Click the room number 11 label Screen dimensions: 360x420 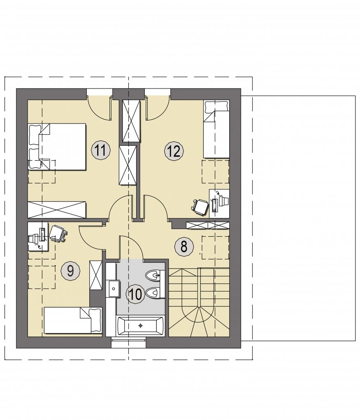tap(101, 151)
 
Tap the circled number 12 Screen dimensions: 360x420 tap(174, 152)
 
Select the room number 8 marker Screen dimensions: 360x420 tap(183, 247)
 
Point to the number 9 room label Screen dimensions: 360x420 tap(70, 271)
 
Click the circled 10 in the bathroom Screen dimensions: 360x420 tap(136, 294)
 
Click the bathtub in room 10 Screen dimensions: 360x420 tap(140, 326)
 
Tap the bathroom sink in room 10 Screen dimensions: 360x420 tap(114, 289)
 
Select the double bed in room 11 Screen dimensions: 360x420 tap(57, 147)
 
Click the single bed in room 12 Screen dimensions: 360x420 tap(216, 129)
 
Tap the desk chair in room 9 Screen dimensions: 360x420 tap(57, 233)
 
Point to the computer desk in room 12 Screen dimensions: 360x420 tap(219, 204)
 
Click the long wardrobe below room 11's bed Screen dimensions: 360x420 tap(57, 210)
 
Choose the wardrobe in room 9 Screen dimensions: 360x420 tap(96, 275)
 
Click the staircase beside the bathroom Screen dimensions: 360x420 tap(199, 302)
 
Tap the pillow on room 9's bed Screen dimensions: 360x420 tap(95, 320)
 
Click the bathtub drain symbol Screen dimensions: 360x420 tap(140, 326)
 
